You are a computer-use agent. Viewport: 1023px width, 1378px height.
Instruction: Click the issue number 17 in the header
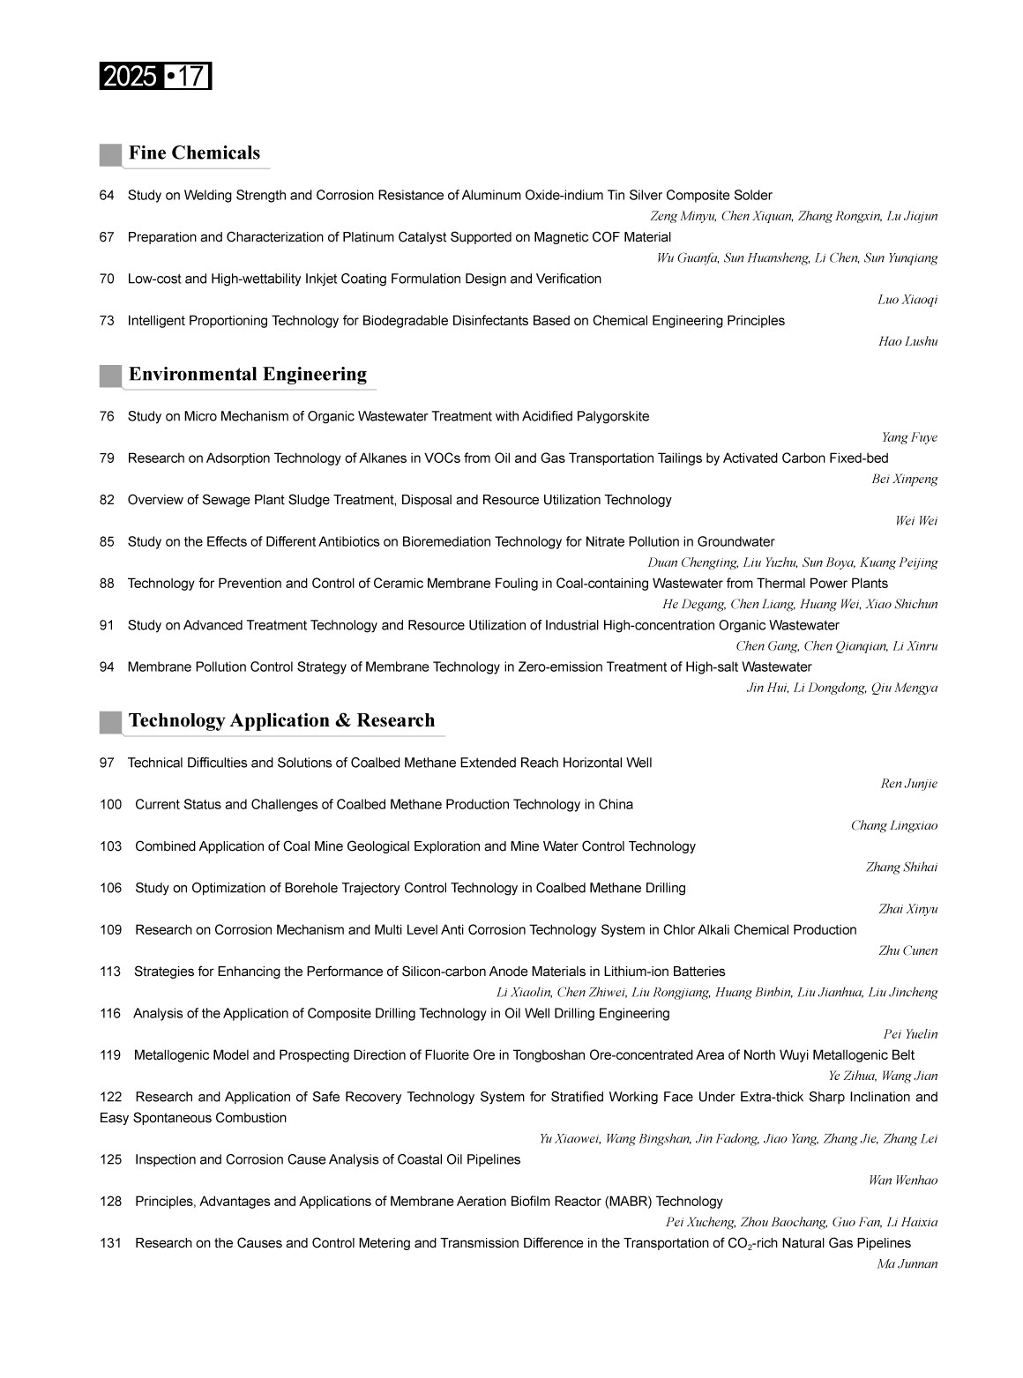point(190,78)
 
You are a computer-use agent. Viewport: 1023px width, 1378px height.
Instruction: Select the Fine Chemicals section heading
point(194,153)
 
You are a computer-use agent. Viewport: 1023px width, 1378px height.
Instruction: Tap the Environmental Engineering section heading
point(247,375)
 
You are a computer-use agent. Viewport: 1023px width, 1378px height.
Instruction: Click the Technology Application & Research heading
point(281,721)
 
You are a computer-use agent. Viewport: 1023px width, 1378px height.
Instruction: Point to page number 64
point(107,196)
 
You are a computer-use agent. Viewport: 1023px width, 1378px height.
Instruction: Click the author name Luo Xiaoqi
point(907,301)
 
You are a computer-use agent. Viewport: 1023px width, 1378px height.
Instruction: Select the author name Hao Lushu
point(907,342)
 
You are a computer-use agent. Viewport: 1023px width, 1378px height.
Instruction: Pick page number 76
point(107,417)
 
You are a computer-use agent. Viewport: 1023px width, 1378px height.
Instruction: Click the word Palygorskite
point(613,417)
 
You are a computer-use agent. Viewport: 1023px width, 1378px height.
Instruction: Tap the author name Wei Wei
point(916,521)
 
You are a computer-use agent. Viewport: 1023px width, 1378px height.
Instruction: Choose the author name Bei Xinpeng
point(904,480)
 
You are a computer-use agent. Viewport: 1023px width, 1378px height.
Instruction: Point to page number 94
point(107,667)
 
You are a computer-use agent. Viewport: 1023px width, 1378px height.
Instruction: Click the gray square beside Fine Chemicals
point(110,155)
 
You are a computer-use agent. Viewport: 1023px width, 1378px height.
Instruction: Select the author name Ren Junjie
point(908,785)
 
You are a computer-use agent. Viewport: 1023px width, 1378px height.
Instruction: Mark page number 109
point(110,930)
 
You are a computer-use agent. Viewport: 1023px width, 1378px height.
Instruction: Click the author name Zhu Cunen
point(907,951)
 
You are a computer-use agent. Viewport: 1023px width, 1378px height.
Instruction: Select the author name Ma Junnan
point(907,1265)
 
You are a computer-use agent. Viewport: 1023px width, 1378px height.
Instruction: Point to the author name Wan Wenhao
point(903,1181)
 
